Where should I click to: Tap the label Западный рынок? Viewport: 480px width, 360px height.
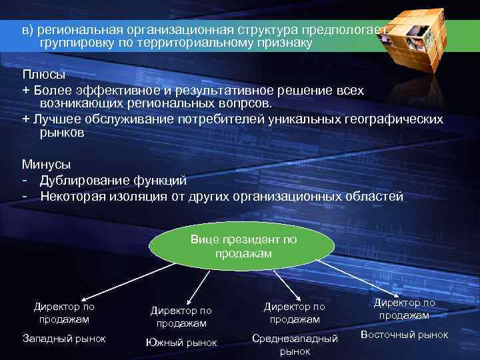(64, 338)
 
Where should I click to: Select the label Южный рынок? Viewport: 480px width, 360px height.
(181, 343)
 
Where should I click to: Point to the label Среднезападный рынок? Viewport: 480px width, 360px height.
(295, 344)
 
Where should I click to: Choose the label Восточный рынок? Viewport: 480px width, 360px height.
(404, 334)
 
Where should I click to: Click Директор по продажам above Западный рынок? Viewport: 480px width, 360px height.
(64, 313)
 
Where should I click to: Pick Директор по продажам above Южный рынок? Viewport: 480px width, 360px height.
(181, 317)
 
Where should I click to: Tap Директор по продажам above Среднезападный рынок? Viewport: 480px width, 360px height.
(295, 313)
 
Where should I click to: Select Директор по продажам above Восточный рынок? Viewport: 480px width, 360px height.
(404, 309)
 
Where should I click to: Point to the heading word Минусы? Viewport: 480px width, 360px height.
(47, 163)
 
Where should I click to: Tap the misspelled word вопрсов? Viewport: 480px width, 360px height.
(250, 103)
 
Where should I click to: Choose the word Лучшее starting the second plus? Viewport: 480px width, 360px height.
(56, 119)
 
